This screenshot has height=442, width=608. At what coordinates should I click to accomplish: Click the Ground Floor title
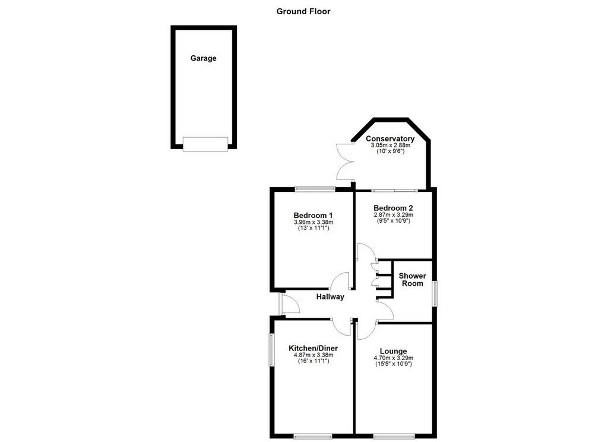[303, 11]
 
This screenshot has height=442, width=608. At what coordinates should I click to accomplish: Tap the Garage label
[203, 58]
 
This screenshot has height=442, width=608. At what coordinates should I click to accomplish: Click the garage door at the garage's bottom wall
[205, 144]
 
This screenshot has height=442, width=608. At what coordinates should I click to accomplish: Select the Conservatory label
[390, 138]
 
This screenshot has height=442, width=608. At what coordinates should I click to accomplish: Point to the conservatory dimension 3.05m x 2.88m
[391, 145]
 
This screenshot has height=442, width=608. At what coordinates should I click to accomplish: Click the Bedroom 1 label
[313, 216]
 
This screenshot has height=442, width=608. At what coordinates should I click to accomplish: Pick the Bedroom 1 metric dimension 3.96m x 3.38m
[313, 222]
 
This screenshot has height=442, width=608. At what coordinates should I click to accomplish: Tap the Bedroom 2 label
[393, 208]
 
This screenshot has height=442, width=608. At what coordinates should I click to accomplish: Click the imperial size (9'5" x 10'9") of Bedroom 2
[393, 221]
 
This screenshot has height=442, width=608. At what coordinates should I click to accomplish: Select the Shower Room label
[412, 279]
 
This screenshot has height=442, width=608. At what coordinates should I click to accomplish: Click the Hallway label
[330, 297]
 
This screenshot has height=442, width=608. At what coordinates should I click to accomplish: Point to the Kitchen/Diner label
[313, 348]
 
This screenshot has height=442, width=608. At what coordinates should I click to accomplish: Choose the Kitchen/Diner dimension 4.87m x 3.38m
[313, 355]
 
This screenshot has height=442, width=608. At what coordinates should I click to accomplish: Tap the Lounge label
[393, 351]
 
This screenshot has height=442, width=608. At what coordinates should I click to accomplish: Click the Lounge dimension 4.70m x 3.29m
[393, 358]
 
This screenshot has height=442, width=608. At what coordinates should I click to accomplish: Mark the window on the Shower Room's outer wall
[435, 293]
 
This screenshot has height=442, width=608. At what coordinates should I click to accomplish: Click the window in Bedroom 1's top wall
[315, 189]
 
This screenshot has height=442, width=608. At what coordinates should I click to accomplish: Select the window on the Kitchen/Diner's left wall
[272, 350]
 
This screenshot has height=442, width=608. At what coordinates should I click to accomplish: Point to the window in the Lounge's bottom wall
[394, 436]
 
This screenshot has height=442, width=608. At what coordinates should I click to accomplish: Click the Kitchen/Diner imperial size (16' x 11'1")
[313, 361]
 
